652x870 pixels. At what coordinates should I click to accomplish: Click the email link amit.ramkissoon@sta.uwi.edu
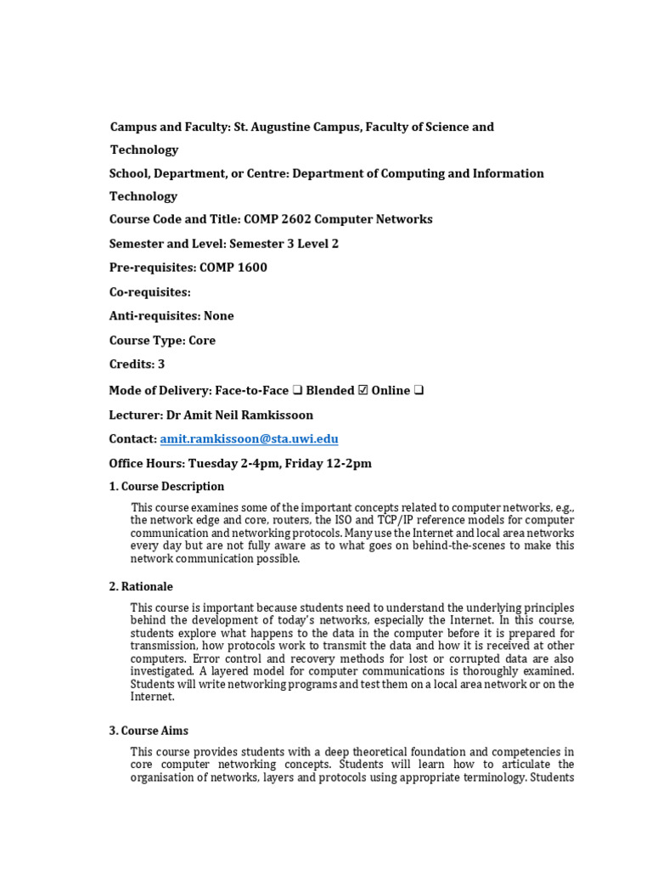pos(249,439)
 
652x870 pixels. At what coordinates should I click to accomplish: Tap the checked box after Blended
pos(363,391)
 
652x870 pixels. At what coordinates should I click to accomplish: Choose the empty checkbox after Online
pos(419,391)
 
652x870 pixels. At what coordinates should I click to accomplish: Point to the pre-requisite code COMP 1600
pos(233,268)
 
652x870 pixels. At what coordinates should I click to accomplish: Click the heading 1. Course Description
pos(166,487)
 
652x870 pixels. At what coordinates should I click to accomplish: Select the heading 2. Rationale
pos(141,586)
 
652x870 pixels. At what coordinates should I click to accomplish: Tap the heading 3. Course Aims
pos(149,731)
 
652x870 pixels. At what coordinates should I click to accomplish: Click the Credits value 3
pos(161,364)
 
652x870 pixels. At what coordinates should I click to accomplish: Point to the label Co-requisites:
pos(150,291)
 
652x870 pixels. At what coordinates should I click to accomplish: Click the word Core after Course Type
pos(202,341)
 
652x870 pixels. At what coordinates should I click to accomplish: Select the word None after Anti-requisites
pos(219,316)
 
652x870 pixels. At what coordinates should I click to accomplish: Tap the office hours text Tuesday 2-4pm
pos(228,464)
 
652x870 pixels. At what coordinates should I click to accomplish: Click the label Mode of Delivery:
pos(160,391)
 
